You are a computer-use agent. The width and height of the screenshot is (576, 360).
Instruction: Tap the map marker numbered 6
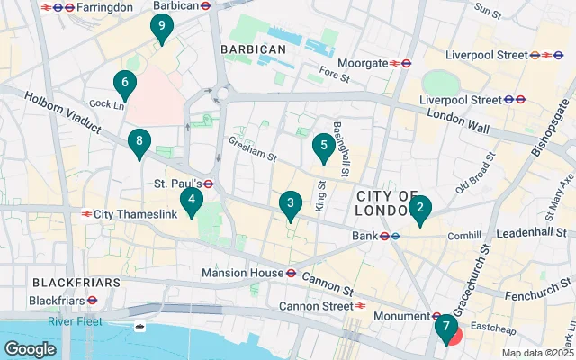[x=125, y=85]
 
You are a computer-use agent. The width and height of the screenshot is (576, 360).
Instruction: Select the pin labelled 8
[x=138, y=141]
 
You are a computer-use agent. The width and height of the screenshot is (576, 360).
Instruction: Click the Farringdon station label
[x=103, y=7]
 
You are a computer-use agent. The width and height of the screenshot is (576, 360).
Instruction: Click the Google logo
[x=30, y=348]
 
